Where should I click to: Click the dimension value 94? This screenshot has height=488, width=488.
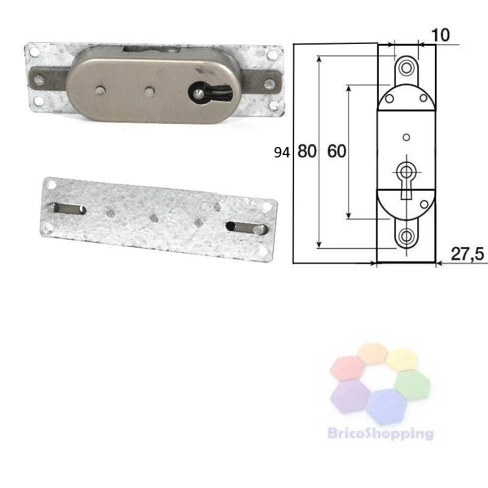click(x=282, y=152)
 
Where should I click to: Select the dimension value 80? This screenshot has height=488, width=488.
click(x=307, y=151)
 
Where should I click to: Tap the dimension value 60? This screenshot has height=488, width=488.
click(x=337, y=151)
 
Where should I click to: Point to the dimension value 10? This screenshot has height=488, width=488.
click(x=440, y=35)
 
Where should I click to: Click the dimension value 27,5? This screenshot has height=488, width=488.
click(x=467, y=254)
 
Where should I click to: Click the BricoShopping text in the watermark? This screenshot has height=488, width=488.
click(x=380, y=433)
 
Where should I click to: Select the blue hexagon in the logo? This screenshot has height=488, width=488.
click(x=386, y=406)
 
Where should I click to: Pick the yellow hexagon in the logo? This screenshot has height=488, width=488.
click(x=401, y=360)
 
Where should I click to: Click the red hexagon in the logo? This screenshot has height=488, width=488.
click(x=348, y=368)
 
